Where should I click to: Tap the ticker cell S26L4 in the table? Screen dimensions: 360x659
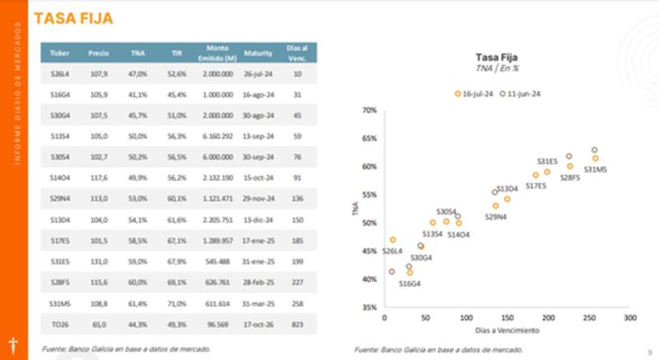click(x=59, y=73)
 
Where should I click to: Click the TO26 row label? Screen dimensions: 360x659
click(x=59, y=325)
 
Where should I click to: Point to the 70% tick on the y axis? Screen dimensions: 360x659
click(x=368, y=110)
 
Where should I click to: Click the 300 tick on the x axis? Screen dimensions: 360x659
click(x=630, y=317)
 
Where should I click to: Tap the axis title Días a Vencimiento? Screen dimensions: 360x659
click(x=506, y=330)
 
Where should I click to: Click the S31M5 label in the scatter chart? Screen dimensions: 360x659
click(x=595, y=170)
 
